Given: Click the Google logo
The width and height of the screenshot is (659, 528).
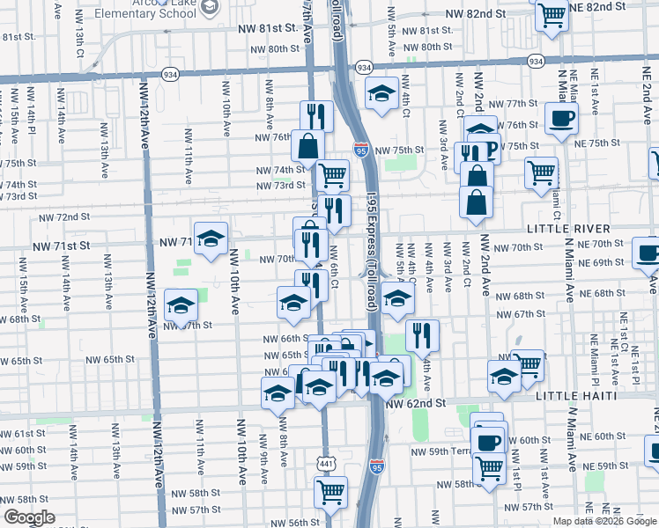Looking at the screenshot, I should click(29, 517).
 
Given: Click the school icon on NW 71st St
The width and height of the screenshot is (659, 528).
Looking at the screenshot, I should click(211, 238).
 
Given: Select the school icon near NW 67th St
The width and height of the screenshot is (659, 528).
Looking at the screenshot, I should click(181, 305).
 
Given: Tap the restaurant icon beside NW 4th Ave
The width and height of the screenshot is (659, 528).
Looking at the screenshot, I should click(422, 334).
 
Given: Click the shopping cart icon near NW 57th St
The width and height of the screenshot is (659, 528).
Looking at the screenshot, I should click(330, 492).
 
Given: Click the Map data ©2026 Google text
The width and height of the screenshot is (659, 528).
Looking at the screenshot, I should click(604, 521).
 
